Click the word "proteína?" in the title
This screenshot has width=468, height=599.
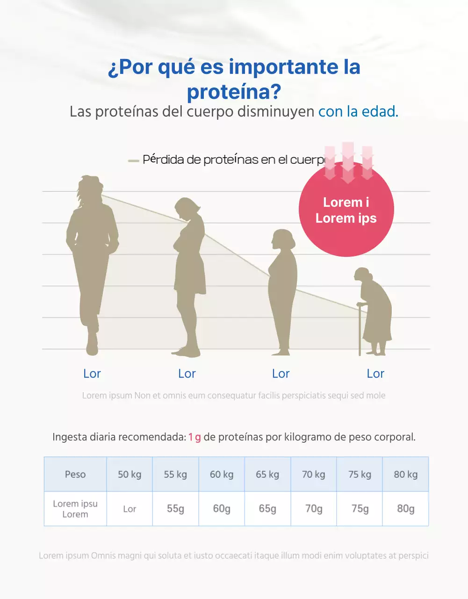pyautogui.click(x=234, y=91)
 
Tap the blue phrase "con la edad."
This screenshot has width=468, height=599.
pyautogui.click(x=358, y=112)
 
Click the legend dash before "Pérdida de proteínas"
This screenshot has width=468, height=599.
pyautogui.click(x=134, y=161)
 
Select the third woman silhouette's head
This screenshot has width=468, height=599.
pyautogui.click(x=283, y=240)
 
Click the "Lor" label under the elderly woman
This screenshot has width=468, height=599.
pyautogui.click(x=375, y=373)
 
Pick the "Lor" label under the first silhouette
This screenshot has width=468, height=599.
pyautogui.click(x=92, y=373)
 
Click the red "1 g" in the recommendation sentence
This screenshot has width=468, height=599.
pyautogui.click(x=194, y=438)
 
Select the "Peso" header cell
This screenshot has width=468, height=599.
pyautogui.click(x=75, y=475)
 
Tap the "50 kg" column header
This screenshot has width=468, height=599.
pyautogui.click(x=130, y=475)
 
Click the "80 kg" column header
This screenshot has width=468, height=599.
pyautogui.click(x=405, y=475)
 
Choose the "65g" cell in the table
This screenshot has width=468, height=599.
pyautogui.click(x=267, y=509)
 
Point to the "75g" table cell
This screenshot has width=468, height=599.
pyautogui.click(x=360, y=509)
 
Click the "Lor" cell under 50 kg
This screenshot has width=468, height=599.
pyautogui.click(x=130, y=509)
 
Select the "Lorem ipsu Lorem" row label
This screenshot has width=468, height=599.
pyautogui.click(x=75, y=509)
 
